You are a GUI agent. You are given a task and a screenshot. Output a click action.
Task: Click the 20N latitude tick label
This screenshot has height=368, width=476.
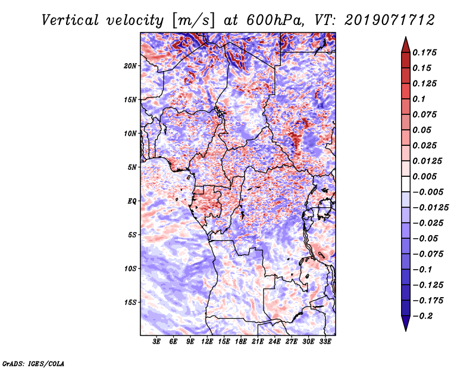pyautogui.click(x=130, y=66)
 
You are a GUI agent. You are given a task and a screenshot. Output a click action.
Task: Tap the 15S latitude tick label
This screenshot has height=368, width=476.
pyautogui.click(x=130, y=302)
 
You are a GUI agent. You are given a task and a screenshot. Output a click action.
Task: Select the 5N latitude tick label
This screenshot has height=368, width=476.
pyautogui.click(x=132, y=167)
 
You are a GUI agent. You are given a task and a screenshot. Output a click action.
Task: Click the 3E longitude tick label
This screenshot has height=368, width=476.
pyautogui.click(x=156, y=342)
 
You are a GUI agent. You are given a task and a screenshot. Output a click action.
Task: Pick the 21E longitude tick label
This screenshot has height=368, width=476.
pyautogui.click(x=258, y=342)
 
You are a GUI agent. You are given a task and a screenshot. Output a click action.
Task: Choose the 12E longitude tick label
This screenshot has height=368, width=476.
pyautogui.click(x=207, y=342)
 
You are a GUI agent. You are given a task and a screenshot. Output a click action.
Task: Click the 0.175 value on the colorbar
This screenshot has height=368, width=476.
pyautogui.click(x=426, y=52)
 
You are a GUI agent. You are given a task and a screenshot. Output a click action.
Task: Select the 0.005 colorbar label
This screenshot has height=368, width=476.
pyautogui.click(x=426, y=176)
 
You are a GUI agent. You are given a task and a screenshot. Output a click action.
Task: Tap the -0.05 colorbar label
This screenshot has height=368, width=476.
pyautogui.click(x=425, y=238)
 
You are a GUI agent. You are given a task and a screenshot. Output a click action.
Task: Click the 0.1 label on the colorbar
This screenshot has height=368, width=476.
pyautogui.click(x=420, y=99)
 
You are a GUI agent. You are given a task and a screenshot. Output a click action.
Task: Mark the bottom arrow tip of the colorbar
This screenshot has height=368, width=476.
pyautogui.click(x=405, y=330)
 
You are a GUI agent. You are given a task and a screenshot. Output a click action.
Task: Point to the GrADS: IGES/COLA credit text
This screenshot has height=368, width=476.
pyautogui.click(x=33, y=362)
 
